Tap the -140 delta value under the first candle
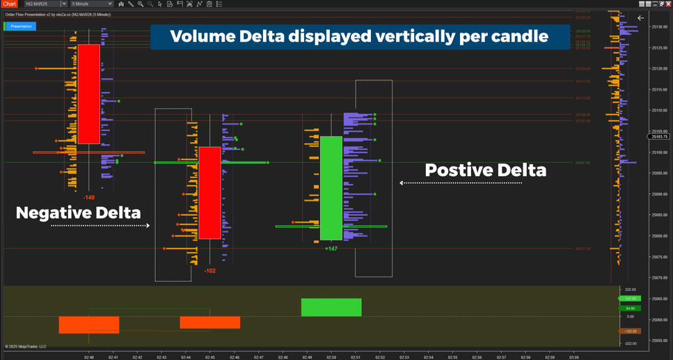point(89,198)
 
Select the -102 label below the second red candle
point(210,270)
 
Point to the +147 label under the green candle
point(331,249)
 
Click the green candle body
point(331,187)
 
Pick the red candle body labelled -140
point(89,94)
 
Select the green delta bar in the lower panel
point(331,307)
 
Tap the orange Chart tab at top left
point(8,4)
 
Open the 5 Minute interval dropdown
point(91,4)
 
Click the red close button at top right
point(668,4)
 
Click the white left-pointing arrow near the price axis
point(640,19)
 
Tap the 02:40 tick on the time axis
point(89,357)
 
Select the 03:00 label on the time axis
point(573,357)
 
